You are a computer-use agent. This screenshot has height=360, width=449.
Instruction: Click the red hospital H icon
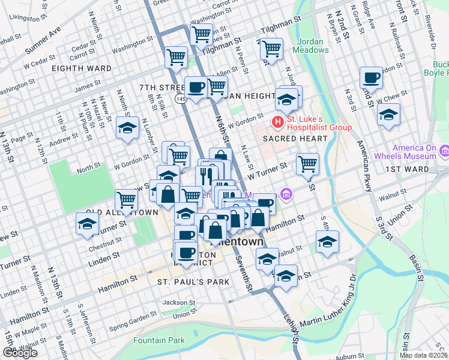[277, 122]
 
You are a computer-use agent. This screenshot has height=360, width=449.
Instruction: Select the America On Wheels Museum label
[414, 152]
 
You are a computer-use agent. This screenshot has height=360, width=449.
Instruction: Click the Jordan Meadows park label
[312, 46]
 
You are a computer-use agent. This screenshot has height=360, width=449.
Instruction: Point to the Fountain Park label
[159, 340]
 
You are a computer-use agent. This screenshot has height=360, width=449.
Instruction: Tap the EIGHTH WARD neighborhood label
[82, 68]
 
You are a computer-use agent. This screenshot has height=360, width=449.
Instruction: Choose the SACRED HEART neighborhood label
[294, 139]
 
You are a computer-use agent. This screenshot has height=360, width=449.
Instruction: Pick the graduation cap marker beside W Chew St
[389, 114]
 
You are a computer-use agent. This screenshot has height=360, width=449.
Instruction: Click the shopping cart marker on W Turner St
[307, 164]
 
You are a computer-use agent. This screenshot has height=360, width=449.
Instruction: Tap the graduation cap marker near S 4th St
[327, 241]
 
